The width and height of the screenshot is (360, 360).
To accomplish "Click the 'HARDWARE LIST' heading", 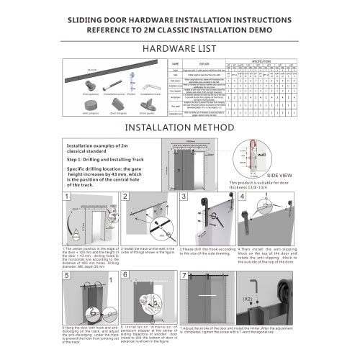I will (180, 49).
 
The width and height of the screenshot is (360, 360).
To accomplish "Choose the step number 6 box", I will (125, 275).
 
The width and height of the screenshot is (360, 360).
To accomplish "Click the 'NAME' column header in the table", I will (174, 63).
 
